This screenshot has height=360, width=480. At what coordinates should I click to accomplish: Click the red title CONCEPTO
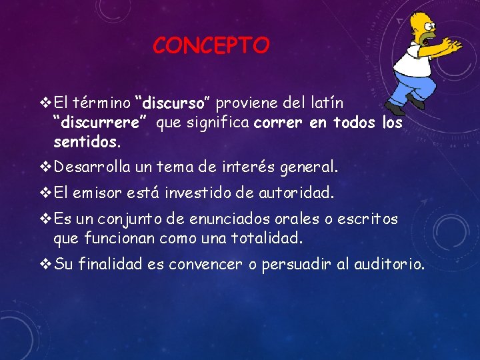(x=211, y=45)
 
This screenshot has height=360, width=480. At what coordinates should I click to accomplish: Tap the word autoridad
(x=295, y=193)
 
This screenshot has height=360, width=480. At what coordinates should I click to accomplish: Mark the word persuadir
(x=296, y=265)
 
